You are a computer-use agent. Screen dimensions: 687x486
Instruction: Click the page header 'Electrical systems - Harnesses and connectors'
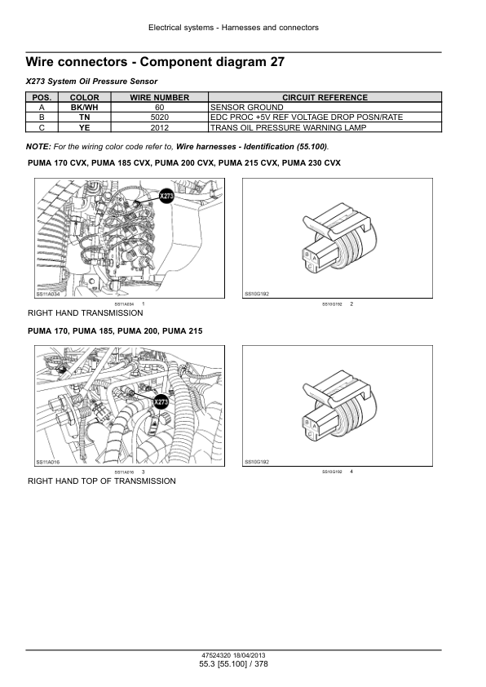[x=233, y=28]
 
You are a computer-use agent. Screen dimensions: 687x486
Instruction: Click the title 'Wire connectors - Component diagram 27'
[x=155, y=62]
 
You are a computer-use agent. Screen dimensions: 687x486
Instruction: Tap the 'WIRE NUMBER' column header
[x=160, y=98]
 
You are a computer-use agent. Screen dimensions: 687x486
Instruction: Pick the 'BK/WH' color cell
[x=85, y=108]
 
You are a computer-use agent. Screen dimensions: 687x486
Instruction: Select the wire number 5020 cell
[x=160, y=117]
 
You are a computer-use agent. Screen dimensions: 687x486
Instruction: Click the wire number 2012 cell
[x=160, y=127]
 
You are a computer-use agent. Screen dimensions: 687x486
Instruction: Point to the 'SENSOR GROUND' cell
[x=246, y=108]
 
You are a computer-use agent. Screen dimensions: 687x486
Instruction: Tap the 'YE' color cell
[x=85, y=127]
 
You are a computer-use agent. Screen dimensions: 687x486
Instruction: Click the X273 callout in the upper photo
[x=166, y=197]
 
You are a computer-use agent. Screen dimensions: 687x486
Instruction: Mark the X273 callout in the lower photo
[x=161, y=403]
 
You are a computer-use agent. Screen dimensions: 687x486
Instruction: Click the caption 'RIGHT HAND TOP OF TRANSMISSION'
[x=101, y=481]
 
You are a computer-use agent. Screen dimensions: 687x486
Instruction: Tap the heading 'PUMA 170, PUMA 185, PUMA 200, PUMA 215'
[x=115, y=331]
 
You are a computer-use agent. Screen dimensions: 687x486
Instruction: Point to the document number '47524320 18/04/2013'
[x=233, y=655]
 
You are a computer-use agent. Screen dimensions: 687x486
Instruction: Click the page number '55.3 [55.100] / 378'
[x=233, y=665]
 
